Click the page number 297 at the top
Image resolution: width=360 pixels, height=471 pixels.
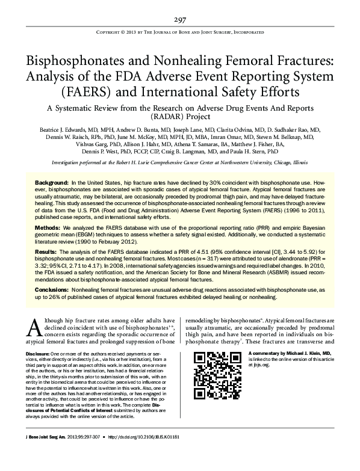pos(180,19)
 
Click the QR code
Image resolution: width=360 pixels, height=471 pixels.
pos(211,365)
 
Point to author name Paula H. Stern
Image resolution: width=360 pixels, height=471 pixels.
pos(279,152)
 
